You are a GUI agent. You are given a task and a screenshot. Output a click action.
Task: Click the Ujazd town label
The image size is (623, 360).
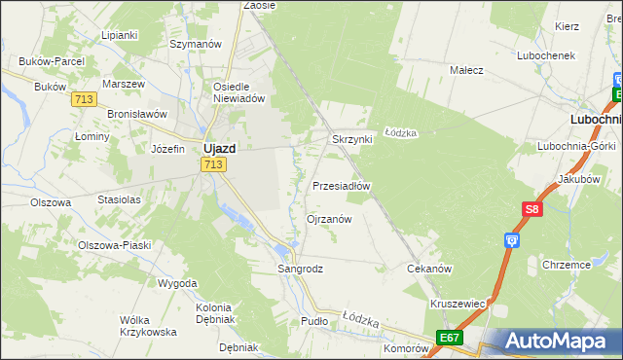[222, 148]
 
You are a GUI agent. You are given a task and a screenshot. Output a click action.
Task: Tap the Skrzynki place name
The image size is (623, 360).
[352, 139]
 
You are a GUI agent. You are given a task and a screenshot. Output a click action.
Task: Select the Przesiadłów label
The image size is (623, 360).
[342, 185]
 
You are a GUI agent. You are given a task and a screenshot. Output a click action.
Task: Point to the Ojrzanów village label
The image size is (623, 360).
[329, 219]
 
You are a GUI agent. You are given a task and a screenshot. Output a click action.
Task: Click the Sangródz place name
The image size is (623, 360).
[300, 268]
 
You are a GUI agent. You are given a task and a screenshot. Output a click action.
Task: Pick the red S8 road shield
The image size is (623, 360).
[531, 209]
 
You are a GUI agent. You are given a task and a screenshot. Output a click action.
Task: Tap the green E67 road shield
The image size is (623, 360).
[449, 337]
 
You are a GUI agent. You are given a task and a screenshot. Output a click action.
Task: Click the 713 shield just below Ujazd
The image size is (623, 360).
[214, 165]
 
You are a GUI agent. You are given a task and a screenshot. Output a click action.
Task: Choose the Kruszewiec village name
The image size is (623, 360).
[458, 303]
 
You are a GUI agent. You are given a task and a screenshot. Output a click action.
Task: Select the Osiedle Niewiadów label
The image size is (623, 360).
[239, 91]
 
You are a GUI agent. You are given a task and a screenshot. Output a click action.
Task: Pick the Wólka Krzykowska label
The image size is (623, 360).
[148, 325]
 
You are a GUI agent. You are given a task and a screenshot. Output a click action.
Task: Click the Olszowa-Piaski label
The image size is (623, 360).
[115, 245]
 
